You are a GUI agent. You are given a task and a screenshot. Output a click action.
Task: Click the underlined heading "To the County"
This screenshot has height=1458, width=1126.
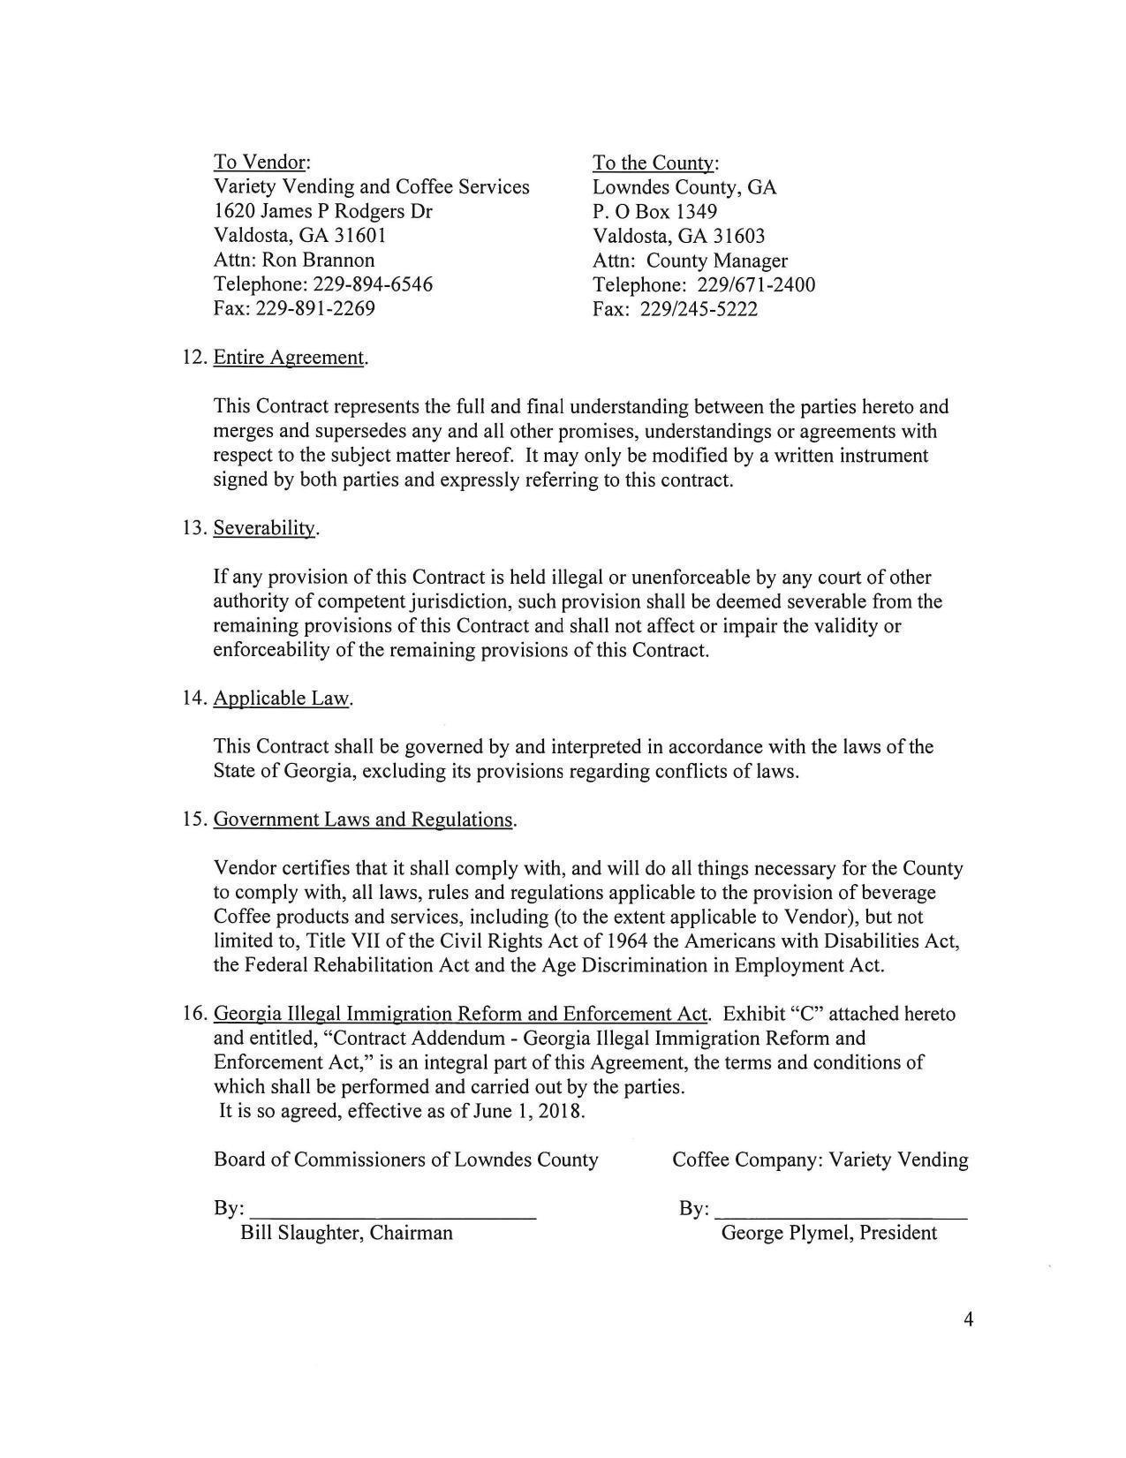tap(654, 163)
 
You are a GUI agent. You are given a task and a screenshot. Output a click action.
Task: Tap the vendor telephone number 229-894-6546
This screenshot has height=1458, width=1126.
tap(373, 284)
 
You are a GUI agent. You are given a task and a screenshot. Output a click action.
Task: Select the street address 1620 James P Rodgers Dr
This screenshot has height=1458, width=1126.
tap(322, 212)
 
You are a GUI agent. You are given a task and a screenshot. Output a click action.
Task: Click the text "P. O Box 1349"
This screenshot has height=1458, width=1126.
tap(654, 212)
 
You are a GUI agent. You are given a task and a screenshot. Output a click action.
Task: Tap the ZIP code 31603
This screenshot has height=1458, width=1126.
tap(739, 236)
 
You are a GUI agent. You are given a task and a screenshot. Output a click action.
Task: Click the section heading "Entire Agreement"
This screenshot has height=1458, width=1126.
tap(289, 358)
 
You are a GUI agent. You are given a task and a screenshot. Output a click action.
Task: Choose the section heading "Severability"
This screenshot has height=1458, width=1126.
tap(264, 528)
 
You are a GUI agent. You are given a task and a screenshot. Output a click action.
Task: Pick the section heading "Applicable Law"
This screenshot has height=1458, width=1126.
tap(282, 699)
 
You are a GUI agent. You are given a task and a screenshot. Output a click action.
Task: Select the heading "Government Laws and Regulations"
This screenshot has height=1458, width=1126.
tap(363, 820)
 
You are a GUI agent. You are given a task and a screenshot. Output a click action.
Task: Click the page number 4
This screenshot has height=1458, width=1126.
tap(968, 1321)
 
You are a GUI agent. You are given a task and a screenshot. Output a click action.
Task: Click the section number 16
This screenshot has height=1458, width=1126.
tap(193, 1014)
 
